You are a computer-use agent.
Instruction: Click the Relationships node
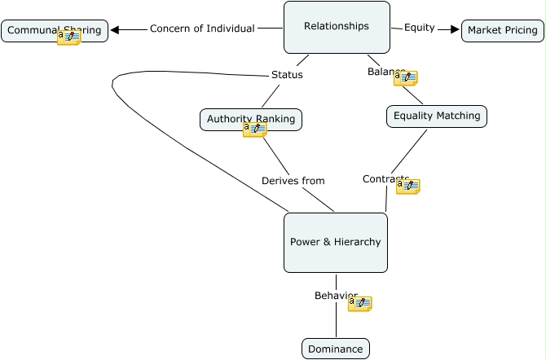tap(337, 27)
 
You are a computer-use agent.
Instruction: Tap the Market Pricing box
tap(502, 31)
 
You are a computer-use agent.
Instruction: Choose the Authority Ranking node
tap(228, 119)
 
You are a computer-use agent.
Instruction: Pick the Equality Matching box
tap(437, 116)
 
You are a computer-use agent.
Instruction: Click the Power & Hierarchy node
tap(335, 243)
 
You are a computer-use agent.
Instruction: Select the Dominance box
tap(335, 349)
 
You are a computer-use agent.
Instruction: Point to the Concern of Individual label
tap(202, 29)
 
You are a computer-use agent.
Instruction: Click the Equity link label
tap(419, 28)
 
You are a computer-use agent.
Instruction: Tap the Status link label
tap(287, 75)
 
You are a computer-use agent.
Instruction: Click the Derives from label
tap(293, 181)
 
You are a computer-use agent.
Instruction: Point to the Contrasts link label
tap(380, 179)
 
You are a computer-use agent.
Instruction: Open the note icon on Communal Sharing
tap(69, 37)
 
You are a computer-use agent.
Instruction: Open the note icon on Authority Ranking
tap(254, 130)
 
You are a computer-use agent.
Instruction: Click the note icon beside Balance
tap(405, 78)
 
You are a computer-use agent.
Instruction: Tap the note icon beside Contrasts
tap(407, 187)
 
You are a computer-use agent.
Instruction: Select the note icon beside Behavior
tap(359, 304)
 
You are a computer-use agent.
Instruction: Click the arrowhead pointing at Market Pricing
tap(455, 29)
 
